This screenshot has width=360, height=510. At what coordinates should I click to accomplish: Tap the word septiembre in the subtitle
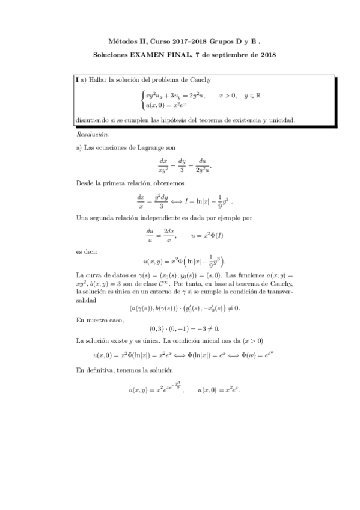229,55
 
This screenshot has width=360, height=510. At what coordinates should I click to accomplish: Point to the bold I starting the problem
76,79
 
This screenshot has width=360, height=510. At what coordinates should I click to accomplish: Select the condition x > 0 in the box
228,95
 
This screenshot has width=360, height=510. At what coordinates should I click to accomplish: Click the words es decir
86,253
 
